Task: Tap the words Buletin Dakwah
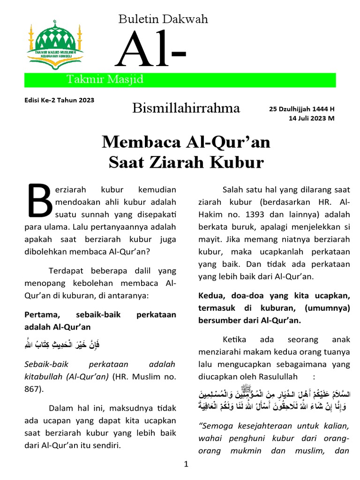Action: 163,19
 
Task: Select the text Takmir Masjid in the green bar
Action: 105,80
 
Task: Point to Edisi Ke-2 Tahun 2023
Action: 59,100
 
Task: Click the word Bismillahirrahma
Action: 186,109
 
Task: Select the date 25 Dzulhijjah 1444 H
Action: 302,109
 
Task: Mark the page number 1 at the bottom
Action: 186,465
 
